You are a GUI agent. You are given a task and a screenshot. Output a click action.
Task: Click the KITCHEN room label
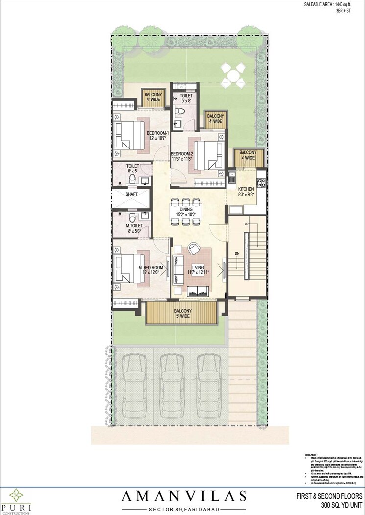[x=246, y=189]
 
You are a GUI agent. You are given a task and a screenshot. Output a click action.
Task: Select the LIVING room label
[x=197, y=268]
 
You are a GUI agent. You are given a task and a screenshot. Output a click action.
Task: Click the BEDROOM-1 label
[x=158, y=133]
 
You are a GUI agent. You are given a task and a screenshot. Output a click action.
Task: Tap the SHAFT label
[x=131, y=194]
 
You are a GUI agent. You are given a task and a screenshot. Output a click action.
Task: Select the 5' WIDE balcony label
[x=182, y=316]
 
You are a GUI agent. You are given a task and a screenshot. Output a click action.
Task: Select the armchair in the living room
[x=193, y=248]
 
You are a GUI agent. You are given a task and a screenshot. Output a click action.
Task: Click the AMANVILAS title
[x=184, y=496]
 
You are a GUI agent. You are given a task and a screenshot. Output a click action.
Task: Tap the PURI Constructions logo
[x=15, y=498]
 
